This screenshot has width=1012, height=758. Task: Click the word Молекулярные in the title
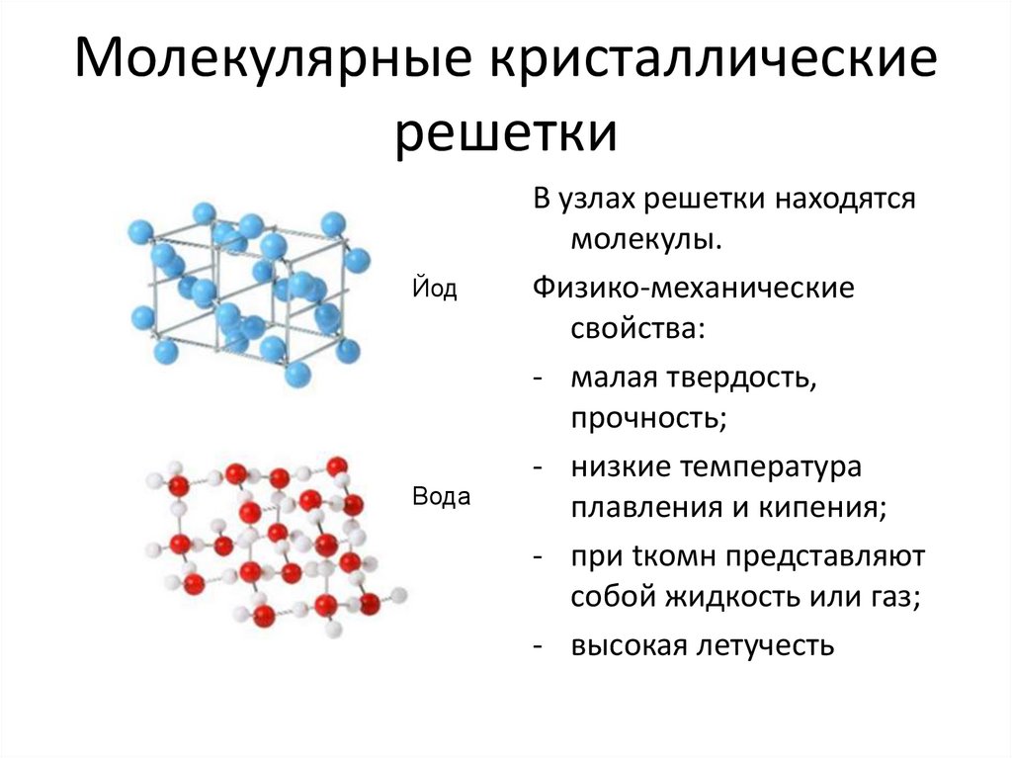[x=262, y=64]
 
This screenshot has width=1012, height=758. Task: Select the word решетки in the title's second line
[x=506, y=132]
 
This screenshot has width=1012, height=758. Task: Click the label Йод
[x=434, y=290]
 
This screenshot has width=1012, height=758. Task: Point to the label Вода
[x=440, y=497]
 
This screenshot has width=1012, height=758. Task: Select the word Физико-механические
[x=693, y=289]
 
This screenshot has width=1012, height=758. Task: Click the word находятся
[x=841, y=199]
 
